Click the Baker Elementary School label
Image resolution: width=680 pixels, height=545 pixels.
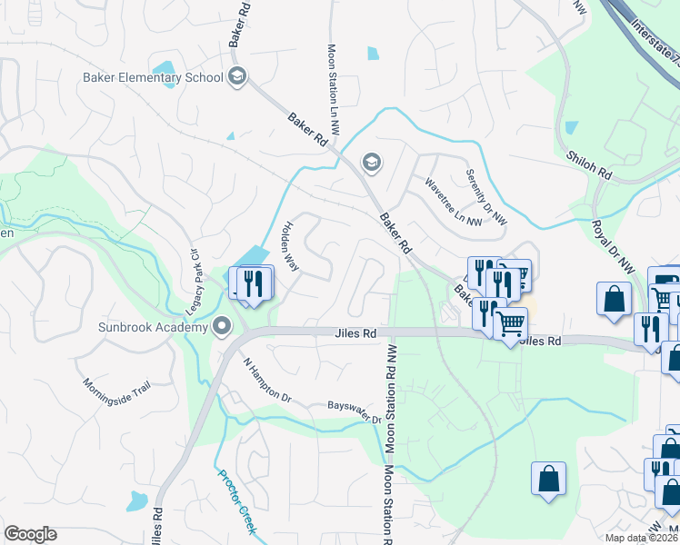click(x=152, y=77)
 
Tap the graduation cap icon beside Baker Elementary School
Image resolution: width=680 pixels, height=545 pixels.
click(x=237, y=75)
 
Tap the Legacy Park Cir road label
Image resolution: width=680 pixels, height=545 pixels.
click(x=193, y=283)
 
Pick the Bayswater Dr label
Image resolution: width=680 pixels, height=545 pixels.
click(x=354, y=412)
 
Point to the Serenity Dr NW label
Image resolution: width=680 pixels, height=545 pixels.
click(x=486, y=197)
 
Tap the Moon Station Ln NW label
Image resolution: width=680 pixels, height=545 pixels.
click(x=333, y=91)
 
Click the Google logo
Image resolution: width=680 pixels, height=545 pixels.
click(x=30, y=534)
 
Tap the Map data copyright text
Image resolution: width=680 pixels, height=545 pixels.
click(x=642, y=538)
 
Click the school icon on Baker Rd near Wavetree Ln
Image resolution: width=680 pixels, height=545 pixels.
click(x=371, y=163)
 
